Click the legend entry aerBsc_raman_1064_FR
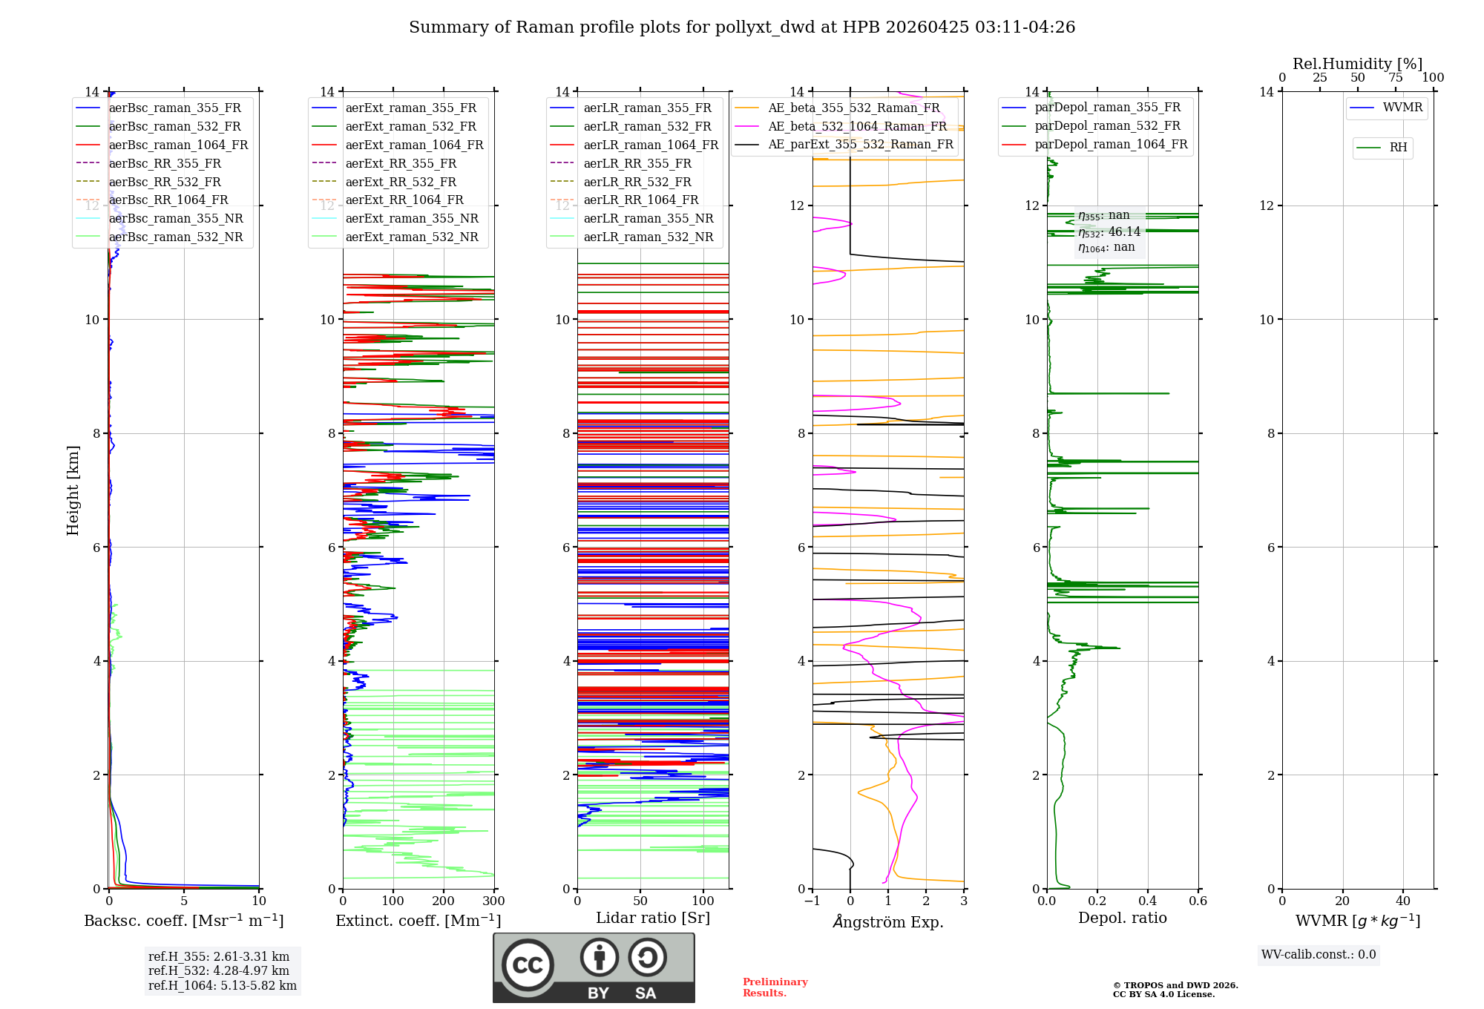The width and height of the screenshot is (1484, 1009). (178, 145)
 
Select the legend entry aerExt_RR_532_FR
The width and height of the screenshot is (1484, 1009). (401, 182)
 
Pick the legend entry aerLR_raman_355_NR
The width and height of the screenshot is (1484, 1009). (648, 218)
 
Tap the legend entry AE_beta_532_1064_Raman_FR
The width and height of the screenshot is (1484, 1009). (857, 126)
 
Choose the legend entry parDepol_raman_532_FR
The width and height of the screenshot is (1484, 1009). (1107, 126)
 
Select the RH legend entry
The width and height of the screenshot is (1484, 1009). (1398, 148)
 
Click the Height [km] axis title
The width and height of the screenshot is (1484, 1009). (73, 490)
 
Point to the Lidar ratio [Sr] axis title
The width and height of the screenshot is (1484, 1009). (653, 918)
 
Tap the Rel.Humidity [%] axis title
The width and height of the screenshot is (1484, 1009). (1357, 64)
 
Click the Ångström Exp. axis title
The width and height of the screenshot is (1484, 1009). (888, 921)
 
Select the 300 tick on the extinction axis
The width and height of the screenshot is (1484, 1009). (493, 901)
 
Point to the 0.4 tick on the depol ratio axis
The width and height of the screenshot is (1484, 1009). (1148, 901)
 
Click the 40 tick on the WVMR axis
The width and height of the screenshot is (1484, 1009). (1403, 901)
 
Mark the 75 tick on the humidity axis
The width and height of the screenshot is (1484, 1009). (1396, 77)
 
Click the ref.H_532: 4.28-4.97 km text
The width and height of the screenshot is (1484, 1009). (219, 970)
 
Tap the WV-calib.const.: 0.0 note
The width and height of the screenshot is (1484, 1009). (1319, 955)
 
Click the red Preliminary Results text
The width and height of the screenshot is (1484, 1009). (775, 987)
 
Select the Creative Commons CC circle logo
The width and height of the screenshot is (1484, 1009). (528, 965)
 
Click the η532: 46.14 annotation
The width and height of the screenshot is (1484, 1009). (1109, 232)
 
